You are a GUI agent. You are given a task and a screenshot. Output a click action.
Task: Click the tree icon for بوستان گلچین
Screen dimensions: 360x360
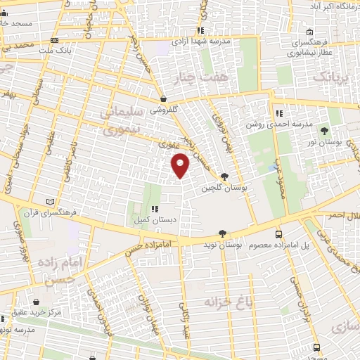[x=224, y=176]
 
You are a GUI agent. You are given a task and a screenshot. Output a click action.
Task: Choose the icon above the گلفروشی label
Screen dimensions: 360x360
[x=163, y=99]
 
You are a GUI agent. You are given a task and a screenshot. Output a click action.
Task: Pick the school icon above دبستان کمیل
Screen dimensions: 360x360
[x=154, y=209]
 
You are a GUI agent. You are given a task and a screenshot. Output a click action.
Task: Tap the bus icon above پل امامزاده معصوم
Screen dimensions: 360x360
[x=279, y=233]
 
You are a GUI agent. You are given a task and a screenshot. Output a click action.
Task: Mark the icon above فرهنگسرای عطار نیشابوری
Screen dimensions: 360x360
[x=310, y=32]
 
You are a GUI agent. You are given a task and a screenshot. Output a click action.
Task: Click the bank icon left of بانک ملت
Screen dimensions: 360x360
[x=56, y=40]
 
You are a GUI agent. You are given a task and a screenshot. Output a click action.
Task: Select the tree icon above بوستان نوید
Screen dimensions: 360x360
[x=222, y=233]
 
